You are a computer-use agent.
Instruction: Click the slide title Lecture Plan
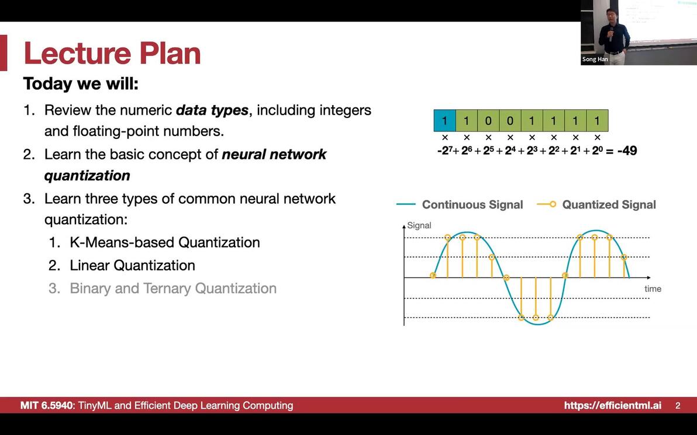(x=112, y=53)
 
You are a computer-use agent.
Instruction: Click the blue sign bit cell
(x=444, y=121)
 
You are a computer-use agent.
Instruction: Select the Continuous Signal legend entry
(x=472, y=204)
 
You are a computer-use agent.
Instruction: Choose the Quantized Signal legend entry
(x=608, y=204)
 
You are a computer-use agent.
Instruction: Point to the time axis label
(x=653, y=288)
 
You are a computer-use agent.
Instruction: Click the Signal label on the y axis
(x=419, y=225)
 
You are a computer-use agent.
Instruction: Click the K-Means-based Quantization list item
(x=164, y=242)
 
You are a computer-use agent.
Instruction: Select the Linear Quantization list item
(x=132, y=265)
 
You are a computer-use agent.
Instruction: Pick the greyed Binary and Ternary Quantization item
(x=172, y=288)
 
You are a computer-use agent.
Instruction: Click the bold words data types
(x=212, y=110)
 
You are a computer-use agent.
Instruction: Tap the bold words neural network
(x=274, y=154)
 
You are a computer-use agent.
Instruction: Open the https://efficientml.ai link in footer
(x=612, y=405)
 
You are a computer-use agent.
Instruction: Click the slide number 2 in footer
(x=678, y=405)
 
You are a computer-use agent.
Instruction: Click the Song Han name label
(x=595, y=60)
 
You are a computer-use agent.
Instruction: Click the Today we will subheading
(x=81, y=83)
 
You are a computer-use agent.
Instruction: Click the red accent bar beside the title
(x=4, y=53)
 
